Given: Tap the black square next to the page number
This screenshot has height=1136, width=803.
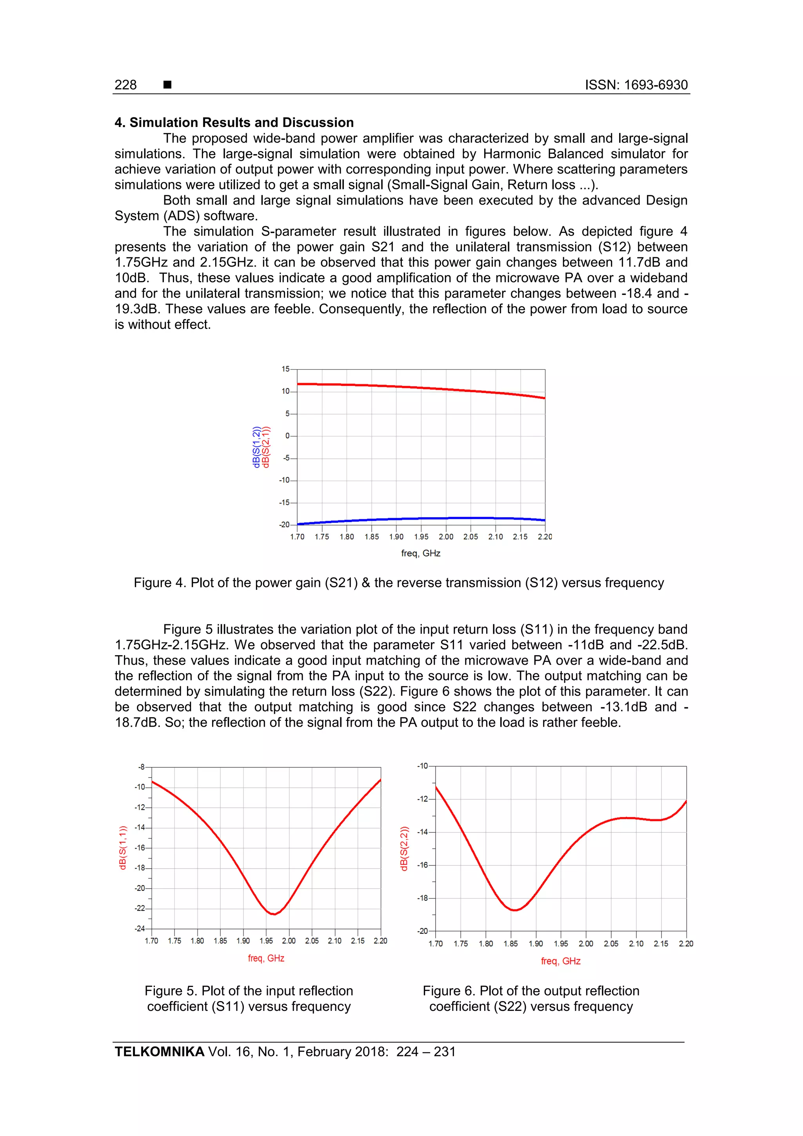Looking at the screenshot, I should tap(167, 85).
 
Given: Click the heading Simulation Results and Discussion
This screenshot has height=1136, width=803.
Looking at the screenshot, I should tap(234, 122).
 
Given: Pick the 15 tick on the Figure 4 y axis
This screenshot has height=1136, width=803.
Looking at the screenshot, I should tap(285, 369).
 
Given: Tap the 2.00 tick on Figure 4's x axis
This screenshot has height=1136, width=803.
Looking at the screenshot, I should tap(446, 537).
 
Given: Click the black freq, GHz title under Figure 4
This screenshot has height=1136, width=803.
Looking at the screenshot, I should tap(421, 553).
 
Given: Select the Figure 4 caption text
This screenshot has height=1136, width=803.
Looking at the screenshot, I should tap(398, 582).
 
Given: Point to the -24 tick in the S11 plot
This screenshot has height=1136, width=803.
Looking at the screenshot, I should tap(140, 929).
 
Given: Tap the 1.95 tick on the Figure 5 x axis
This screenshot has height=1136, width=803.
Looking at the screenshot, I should tap(266, 941).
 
